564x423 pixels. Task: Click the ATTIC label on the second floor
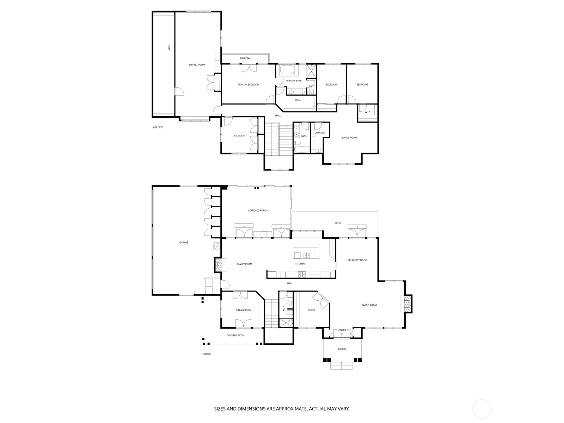pos(170,47)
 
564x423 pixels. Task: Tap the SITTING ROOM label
pos(197,65)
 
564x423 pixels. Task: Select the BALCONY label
pos(245,58)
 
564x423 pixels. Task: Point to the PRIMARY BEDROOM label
pos(248,85)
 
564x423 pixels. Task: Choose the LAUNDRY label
pos(319,133)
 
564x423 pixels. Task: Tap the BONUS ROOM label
pos(349,137)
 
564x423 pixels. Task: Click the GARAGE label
pos(184,243)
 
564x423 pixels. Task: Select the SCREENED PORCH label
pos(258,210)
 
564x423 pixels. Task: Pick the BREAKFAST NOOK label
pos(357,260)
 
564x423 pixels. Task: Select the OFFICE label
pos(311,310)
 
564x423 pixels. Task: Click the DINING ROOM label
pos(244,310)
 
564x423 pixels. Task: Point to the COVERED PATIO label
pos(235,335)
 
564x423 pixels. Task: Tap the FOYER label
pos(342,330)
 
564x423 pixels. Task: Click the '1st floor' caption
pos(207,354)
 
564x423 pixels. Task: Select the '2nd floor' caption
pos(158,127)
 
